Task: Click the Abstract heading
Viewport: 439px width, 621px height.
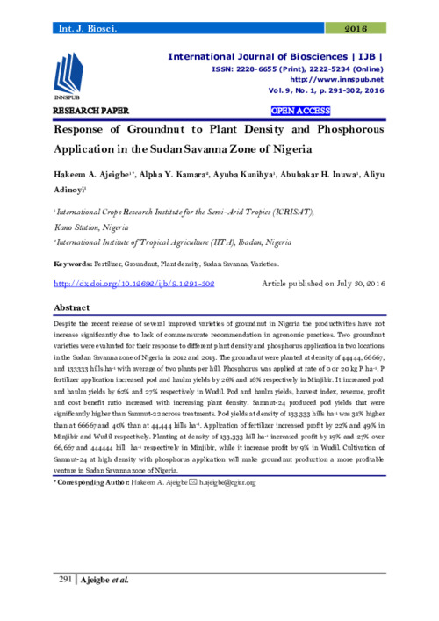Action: [74, 310]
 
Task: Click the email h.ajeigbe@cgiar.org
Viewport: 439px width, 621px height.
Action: [221, 482]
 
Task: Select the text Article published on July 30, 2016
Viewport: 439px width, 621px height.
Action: [323, 285]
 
